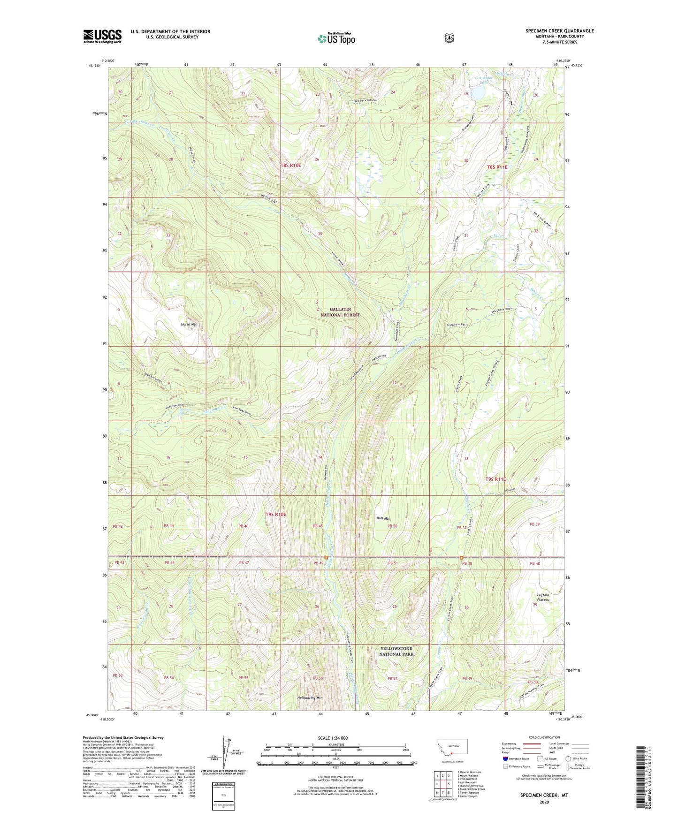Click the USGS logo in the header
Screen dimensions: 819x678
(102, 36)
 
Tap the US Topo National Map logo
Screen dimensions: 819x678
(335, 38)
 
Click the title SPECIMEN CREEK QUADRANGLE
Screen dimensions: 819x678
(559, 31)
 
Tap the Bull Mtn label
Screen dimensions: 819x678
(383, 518)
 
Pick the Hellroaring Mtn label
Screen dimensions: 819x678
(310, 698)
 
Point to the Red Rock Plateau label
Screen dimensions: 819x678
(366, 100)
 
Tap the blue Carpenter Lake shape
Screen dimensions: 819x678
(479, 93)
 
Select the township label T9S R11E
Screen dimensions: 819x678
(495, 479)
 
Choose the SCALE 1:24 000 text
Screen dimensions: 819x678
(333, 738)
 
